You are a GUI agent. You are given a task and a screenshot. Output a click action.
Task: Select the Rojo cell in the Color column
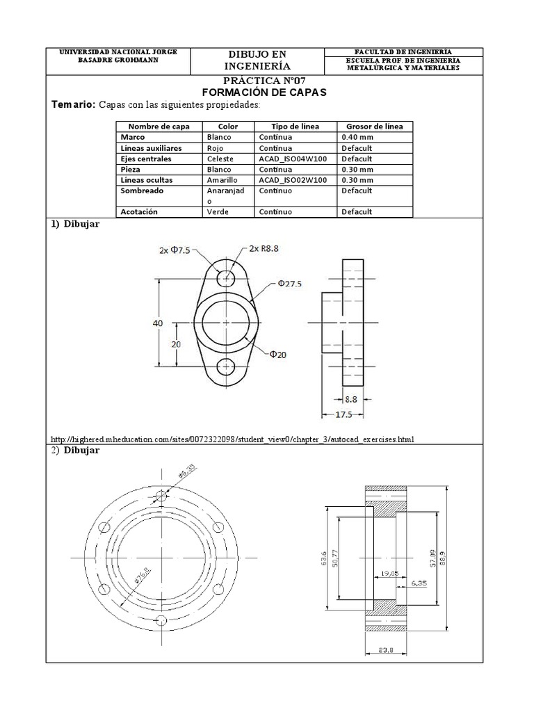click(x=216, y=148)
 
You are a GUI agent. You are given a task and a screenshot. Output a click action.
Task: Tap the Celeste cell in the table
click(x=220, y=159)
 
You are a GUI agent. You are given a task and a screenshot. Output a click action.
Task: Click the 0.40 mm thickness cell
click(x=357, y=138)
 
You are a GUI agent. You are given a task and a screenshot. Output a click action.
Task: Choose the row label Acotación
click(x=139, y=211)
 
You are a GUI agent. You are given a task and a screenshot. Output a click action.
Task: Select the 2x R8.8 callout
click(x=266, y=249)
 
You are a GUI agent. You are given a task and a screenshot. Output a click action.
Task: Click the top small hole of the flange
click(x=226, y=279)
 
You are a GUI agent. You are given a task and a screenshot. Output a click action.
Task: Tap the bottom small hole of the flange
click(x=226, y=368)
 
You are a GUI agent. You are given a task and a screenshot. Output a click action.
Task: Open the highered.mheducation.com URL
click(x=233, y=439)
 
